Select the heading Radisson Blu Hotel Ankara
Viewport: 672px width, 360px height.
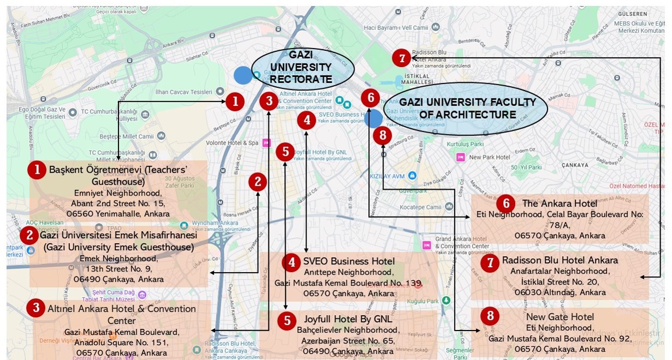point(560,260)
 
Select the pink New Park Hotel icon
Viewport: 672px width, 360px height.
point(461,157)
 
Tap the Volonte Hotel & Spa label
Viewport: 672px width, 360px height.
point(232,143)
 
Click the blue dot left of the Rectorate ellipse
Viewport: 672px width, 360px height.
point(243,75)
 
